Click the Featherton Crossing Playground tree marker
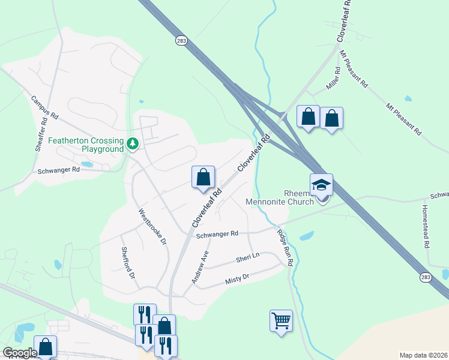[132, 144]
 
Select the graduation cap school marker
[321, 185]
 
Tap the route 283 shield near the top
[181, 40]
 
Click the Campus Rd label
[44, 106]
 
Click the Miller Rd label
[333, 79]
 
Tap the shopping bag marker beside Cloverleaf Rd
[203, 177]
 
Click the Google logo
[19, 353]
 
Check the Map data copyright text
[423, 355]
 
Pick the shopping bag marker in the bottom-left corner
[46, 347]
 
